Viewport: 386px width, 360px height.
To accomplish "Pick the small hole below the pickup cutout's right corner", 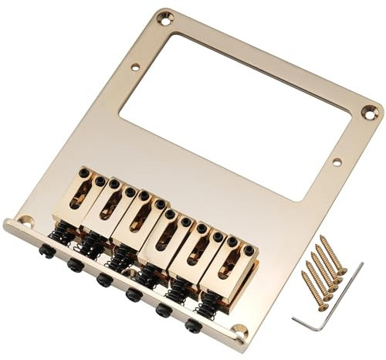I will click(335, 162).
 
